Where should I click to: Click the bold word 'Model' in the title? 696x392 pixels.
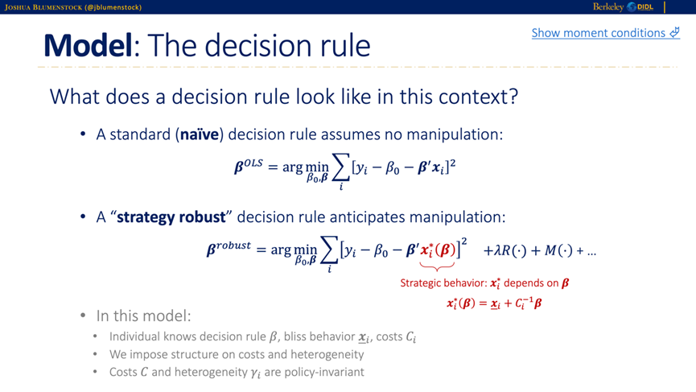click(88, 45)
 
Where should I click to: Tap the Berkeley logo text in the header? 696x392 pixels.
click(608, 6)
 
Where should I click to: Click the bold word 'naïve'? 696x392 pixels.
click(200, 134)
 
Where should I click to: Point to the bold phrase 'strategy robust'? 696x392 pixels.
click(171, 217)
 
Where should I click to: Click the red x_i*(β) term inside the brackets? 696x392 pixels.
click(438, 250)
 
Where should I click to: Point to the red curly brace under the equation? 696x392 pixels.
click(437, 266)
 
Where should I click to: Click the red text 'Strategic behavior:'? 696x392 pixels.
click(443, 283)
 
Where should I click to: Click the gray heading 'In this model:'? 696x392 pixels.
click(144, 316)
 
